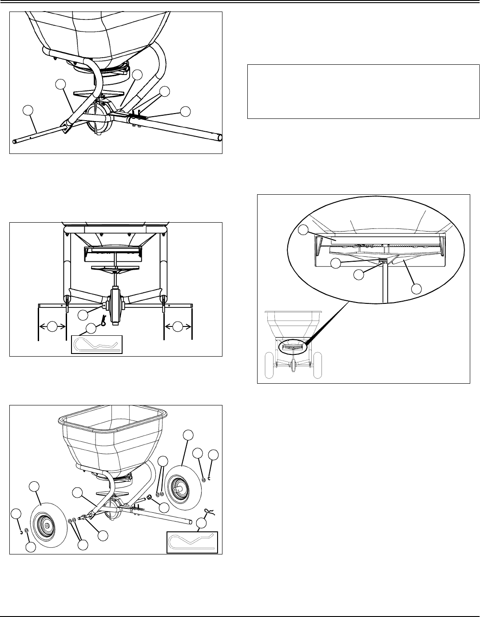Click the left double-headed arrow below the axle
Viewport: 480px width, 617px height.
(x=52, y=327)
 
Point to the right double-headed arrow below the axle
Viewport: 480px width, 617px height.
(x=178, y=327)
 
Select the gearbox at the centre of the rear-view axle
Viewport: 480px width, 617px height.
(x=116, y=307)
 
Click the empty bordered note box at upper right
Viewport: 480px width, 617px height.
(x=363, y=92)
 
